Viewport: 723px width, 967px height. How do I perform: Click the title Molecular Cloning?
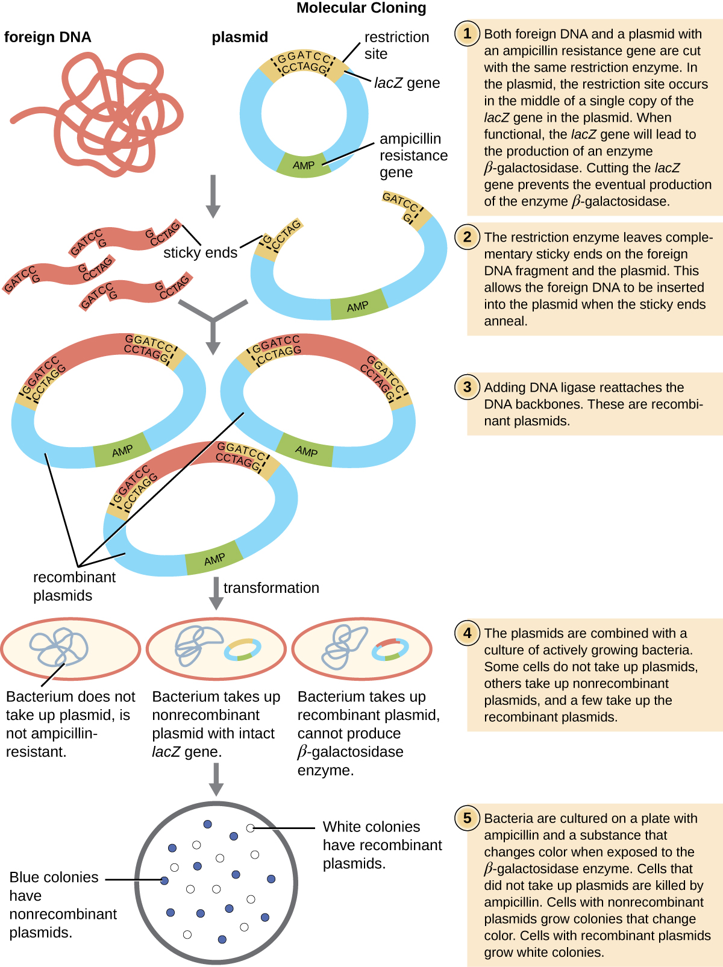tap(361, 8)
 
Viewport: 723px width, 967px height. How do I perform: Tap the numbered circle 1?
tap(467, 33)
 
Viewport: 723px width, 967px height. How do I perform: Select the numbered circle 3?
tap(467, 386)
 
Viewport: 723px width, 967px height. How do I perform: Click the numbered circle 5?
tap(467, 818)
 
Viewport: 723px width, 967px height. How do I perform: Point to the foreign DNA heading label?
tap(48, 37)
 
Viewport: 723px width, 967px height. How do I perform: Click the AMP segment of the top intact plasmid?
tap(304, 165)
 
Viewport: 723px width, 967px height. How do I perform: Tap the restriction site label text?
tap(396, 45)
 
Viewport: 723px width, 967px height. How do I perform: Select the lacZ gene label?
tap(407, 83)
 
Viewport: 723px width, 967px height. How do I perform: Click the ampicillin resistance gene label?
tap(413, 155)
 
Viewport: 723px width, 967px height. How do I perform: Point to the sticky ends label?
tap(200, 252)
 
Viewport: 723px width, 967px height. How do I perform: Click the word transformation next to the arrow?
tap(271, 587)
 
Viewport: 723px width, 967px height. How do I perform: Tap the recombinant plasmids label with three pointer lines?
tap(74, 586)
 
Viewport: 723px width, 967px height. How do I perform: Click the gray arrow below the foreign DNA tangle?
tap(213, 196)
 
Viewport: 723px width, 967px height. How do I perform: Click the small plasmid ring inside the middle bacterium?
tap(243, 649)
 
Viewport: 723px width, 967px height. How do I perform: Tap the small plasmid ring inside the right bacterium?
tap(390, 649)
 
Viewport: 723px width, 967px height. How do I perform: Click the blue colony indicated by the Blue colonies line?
tap(164, 880)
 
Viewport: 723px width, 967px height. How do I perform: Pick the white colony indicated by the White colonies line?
tap(250, 828)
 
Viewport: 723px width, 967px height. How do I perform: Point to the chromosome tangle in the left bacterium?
tap(58, 648)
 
